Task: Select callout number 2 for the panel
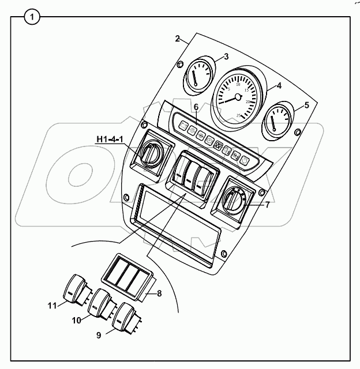178,39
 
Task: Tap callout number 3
227,56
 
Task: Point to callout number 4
279,86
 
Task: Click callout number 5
306,105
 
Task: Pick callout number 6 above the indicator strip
196,107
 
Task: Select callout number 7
267,204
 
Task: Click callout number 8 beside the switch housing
160,293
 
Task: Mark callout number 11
51,306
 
